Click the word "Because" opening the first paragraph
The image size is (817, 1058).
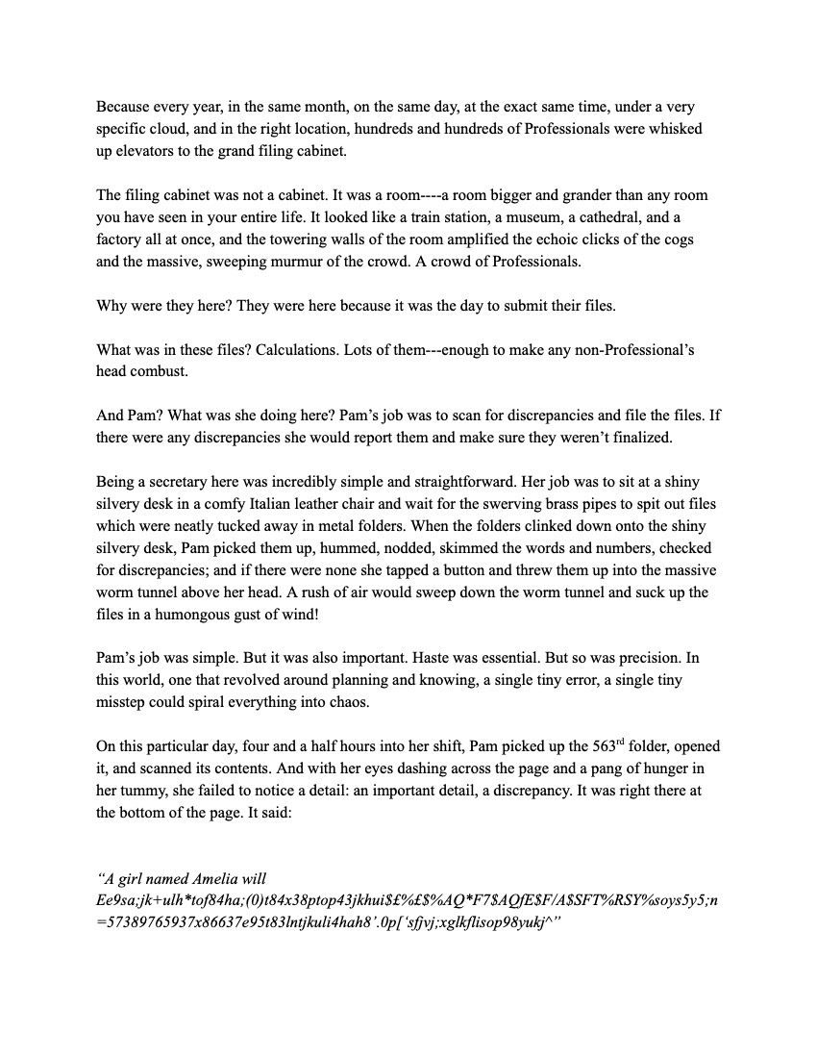pyautogui.click(x=122, y=108)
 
